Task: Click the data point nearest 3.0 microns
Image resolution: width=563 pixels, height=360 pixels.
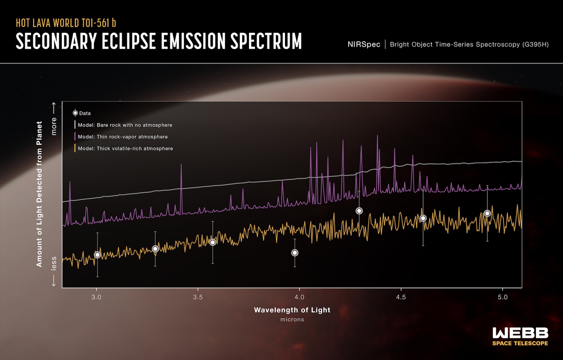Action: (97, 255)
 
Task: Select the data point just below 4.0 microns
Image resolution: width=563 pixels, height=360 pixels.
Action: (295, 253)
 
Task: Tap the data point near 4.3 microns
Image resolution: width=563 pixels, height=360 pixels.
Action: (359, 211)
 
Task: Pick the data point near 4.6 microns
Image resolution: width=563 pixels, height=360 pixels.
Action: (423, 218)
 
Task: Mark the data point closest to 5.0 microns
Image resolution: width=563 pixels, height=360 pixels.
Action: (487, 213)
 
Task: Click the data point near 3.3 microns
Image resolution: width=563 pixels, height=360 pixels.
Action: (155, 249)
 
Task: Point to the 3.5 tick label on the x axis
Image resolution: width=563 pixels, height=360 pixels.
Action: (198, 297)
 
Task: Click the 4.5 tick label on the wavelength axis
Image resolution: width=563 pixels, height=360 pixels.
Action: (401, 297)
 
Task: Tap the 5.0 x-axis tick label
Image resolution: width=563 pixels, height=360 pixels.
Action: (502, 297)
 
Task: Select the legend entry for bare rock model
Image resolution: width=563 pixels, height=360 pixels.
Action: (125, 125)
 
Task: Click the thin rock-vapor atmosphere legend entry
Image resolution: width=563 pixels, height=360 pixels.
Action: (123, 137)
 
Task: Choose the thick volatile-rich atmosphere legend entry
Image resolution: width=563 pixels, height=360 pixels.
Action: (125, 149)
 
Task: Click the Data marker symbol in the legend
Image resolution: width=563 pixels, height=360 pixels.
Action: (75, 113)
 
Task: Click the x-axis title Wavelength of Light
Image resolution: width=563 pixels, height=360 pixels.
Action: (292, 310)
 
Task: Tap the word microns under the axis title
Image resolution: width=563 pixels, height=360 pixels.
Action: (292, 320)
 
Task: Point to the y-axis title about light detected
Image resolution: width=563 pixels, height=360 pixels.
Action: (39, 194)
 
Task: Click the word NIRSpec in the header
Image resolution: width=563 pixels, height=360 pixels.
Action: (364, 45)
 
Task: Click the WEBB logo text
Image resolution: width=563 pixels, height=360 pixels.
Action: (520, 333)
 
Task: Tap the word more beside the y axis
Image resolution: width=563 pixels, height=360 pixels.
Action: (54, 126)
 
